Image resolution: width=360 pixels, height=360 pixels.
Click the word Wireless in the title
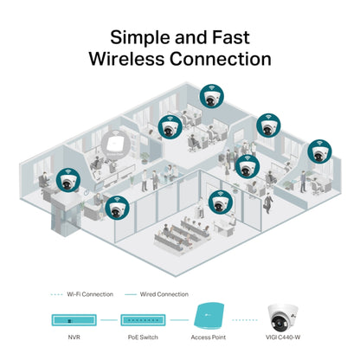pos(126,59)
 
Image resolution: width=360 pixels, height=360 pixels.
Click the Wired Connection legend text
pos(163,294)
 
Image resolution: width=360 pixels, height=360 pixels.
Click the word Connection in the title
pos(223,59)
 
